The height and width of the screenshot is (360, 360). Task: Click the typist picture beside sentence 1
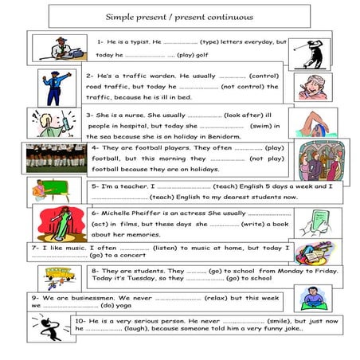pos(62,49)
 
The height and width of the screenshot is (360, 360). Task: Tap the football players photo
pos(54,158)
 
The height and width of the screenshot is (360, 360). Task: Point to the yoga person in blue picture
pos(311,298)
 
